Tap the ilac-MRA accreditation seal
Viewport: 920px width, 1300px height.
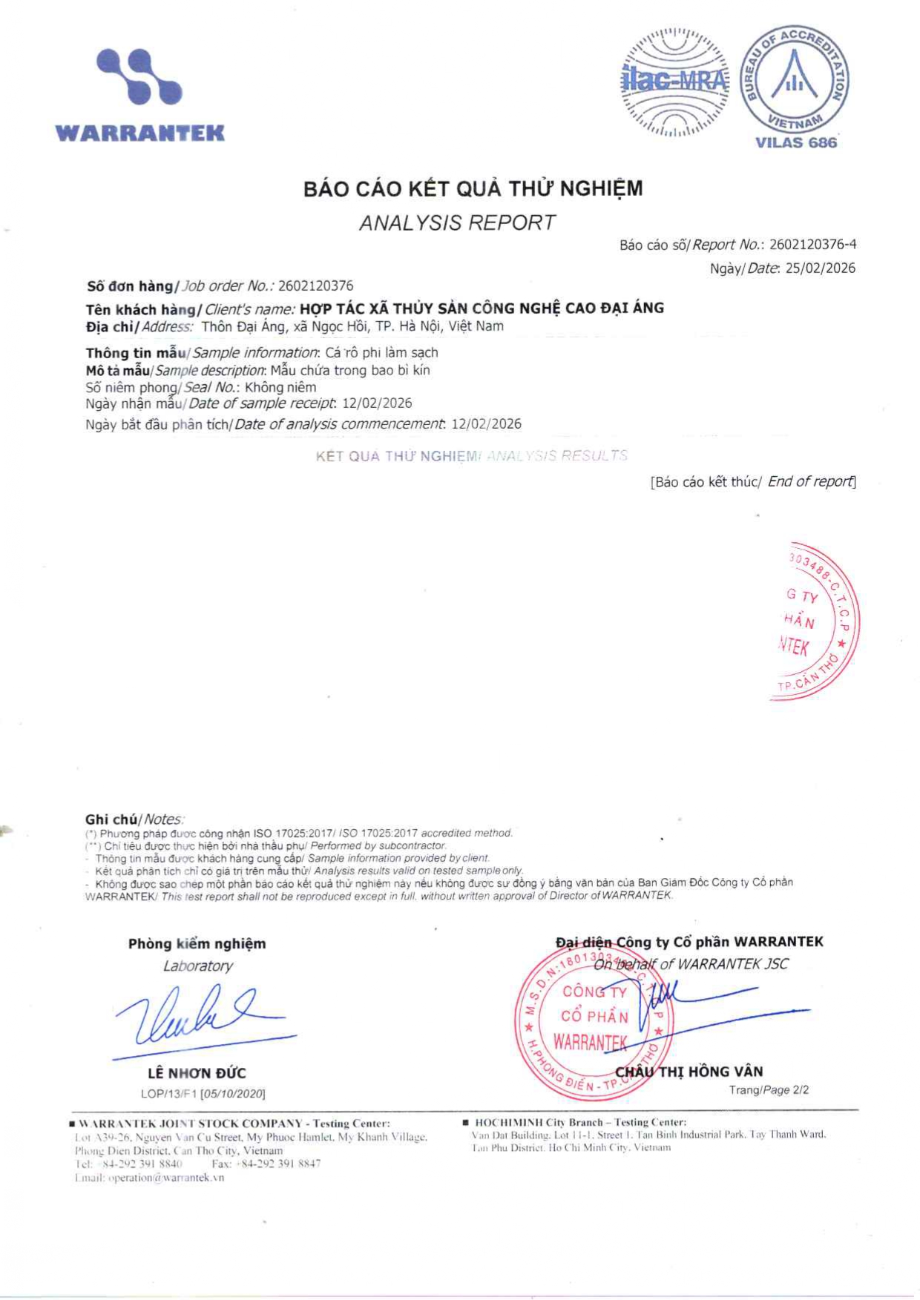674,82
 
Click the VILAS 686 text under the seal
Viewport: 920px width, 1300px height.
795,142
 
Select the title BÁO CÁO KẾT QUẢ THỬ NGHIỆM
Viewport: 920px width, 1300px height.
473,189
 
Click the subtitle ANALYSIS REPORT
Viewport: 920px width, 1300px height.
457,222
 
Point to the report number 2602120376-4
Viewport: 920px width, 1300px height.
813,245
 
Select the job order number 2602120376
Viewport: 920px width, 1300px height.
315,286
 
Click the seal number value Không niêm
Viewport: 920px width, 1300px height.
280,387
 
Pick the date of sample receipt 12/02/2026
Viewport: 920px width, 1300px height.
377,403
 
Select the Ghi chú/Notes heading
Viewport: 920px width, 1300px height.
134,819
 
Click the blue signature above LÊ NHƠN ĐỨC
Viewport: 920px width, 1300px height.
200,1016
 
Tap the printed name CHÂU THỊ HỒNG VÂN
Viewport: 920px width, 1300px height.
689,1072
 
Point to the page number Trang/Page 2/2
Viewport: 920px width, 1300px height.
769,1090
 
